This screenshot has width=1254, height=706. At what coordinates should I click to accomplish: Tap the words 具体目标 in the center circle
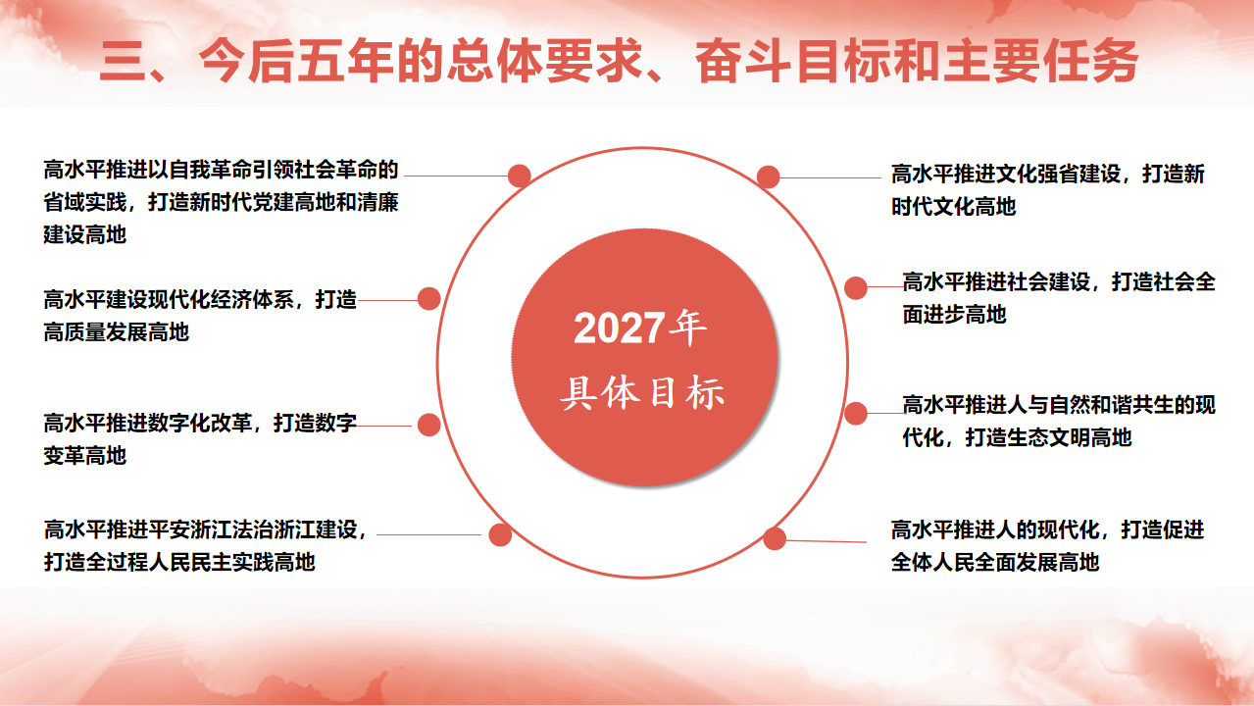click(642, 393)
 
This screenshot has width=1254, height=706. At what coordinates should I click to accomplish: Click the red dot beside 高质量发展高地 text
click(428, 299)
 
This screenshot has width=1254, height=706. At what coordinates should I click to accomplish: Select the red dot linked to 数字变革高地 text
click(428, 425)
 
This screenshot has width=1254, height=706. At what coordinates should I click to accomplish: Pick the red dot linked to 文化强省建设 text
click(768, 176)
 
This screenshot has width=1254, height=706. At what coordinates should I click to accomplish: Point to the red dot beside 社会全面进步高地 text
click(855, 287)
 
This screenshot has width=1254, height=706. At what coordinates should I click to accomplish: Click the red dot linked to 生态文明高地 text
click(855, 414)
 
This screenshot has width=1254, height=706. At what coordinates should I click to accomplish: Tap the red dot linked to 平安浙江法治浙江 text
click(500, 534)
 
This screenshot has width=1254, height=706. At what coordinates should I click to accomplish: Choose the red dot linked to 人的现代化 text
click(775, 538)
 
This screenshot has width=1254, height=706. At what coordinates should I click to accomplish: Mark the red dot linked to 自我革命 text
click(519, 176)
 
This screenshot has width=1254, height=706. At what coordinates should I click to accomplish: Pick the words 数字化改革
click(200, 424)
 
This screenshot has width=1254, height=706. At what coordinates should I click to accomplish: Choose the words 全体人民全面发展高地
click(995, 562)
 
